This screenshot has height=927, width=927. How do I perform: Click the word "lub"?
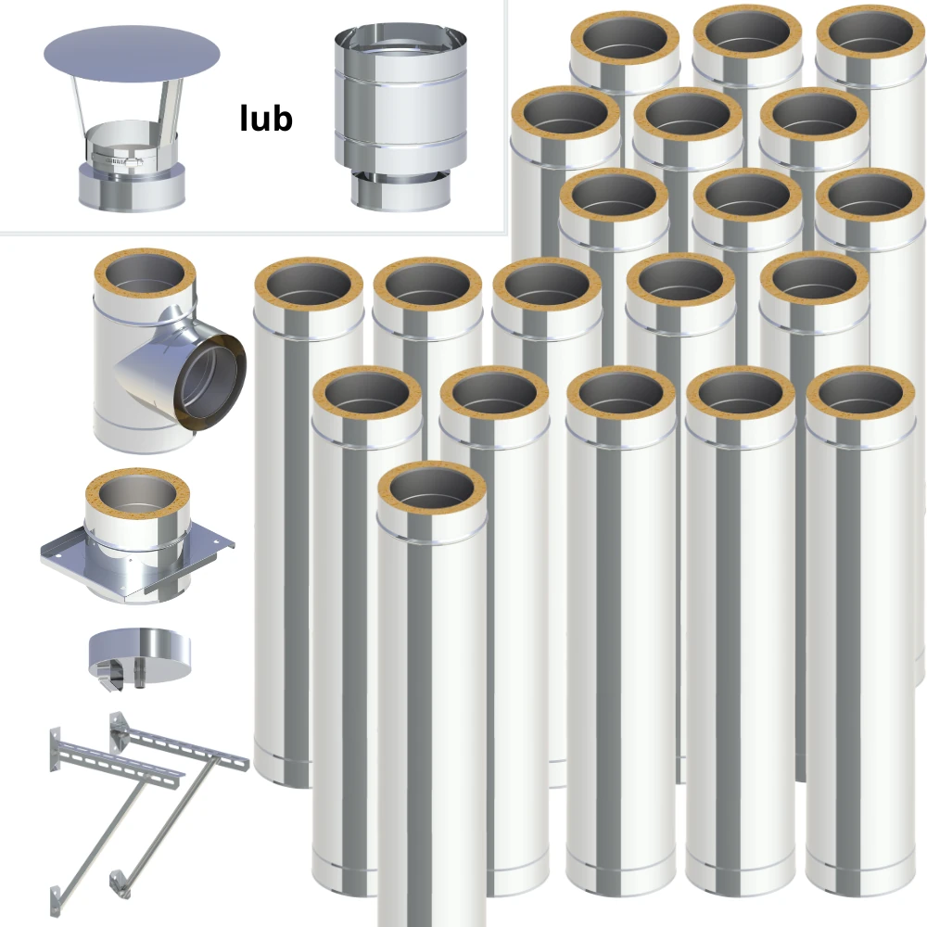click(x=266, y=119)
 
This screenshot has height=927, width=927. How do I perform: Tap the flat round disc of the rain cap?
click(x=132, y=55)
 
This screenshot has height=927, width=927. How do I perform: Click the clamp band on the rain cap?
click(x=117, y=159)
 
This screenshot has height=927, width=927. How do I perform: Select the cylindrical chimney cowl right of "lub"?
click(x=400, y=118)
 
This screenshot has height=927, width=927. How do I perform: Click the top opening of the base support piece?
click(x=137, y=495)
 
